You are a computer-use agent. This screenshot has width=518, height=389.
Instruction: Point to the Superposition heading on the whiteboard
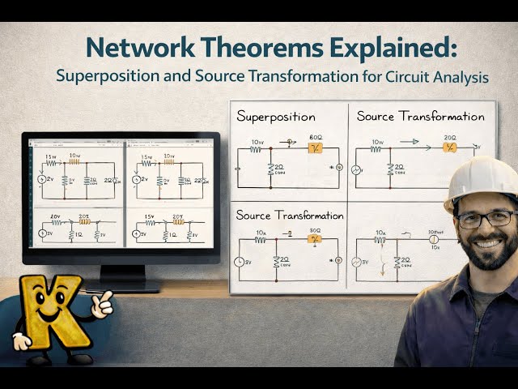(x=275, y=117)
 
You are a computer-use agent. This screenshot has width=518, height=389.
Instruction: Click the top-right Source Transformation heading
(x=420, y=117)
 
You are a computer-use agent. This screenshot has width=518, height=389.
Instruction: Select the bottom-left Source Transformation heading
(x=289, y=216)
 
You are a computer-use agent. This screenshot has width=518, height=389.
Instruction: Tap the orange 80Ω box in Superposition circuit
(x=314, y=147)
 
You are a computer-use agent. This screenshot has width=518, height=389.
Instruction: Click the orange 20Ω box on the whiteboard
(x=449, y=147)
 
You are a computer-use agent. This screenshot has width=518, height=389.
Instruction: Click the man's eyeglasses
(x=485, y=218)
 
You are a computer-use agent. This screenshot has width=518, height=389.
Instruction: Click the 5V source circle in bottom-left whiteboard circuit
(x=240, y=261)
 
